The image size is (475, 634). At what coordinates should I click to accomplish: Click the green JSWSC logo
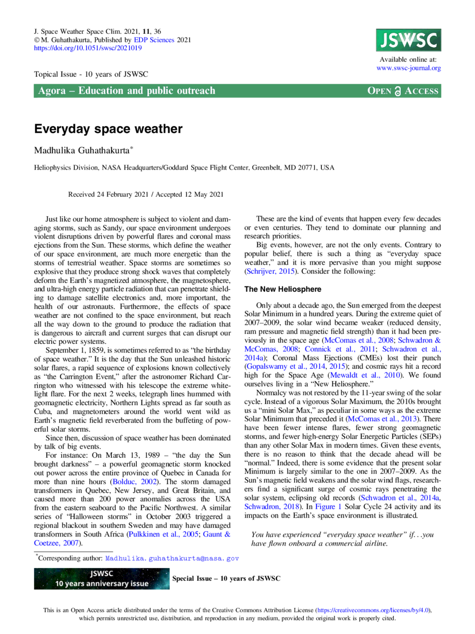pyautogui.click(x=408, y=40)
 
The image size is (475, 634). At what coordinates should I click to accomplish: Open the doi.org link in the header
pyautogui.click(x=88, y=48)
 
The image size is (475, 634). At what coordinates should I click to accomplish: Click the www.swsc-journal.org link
pyautogui.click(x=408, y=68)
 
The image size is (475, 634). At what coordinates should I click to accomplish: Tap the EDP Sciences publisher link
pyautogui.click(x=154, y=40)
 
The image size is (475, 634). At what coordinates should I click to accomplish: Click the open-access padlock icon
pyautogui.click(x=397, y=91)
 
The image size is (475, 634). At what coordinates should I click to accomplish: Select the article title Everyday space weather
pyautogui.click(x=108, y=129)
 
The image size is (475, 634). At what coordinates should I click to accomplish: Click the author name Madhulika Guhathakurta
pyautogui.click(x=82, y=151)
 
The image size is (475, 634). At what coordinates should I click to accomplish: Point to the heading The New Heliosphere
pyautogui.click(x=282, y=289)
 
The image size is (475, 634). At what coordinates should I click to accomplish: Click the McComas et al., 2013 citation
pyautogui.click(x=383, y=419)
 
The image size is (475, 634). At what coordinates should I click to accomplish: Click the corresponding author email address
pyautogui.click(x=172, y=558)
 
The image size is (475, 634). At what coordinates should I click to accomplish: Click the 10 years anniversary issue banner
pyautogui.click(x=102, y=578)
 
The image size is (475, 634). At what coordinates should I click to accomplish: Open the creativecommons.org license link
pyautogui.click(x=373, y=610)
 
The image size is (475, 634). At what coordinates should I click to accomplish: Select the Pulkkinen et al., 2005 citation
pyautogui.click(x=163, y=534)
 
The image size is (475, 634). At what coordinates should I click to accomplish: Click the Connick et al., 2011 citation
pyautogui.click(x=340, y=349)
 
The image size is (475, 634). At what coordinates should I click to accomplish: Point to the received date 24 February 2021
pyautogui.click(x=123, y=194)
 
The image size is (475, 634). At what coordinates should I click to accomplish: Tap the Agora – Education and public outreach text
pyautogui.click(x=127, y=91)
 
